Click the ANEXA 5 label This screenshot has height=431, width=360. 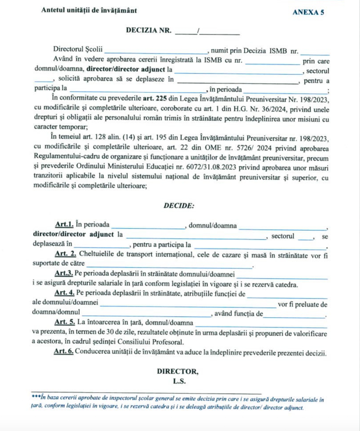click(308, 12)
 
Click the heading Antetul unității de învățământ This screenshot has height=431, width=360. click(89, 11)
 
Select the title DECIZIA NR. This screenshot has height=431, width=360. click(149, 30)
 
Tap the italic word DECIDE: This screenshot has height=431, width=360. click(179, 206)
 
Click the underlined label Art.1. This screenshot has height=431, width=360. click(64, 225)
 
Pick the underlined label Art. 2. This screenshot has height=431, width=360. click(65, 254)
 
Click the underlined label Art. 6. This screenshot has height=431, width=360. click(63, 351)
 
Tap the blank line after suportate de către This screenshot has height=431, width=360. click(169, 265)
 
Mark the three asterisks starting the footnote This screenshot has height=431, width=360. click(36, 398)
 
